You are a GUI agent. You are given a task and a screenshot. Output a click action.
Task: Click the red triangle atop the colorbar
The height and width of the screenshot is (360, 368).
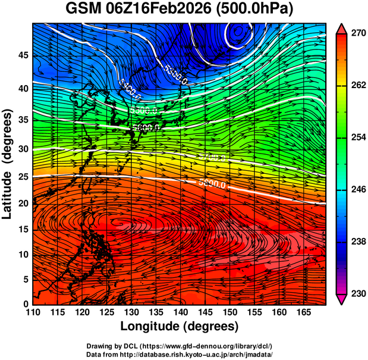342,28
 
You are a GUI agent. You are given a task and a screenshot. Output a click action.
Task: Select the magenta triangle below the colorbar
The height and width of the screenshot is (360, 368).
342,299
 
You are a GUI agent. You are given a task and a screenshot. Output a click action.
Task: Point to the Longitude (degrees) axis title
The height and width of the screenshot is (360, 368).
180,327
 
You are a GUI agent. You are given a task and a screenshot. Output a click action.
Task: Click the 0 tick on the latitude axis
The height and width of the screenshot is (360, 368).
26,304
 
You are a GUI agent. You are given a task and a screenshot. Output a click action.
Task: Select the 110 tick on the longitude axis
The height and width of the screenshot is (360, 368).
33,312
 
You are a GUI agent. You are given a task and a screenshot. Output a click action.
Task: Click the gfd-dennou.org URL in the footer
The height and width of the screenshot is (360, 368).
212,346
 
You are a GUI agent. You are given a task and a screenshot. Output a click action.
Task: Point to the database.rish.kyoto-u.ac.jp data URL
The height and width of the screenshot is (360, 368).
205,353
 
